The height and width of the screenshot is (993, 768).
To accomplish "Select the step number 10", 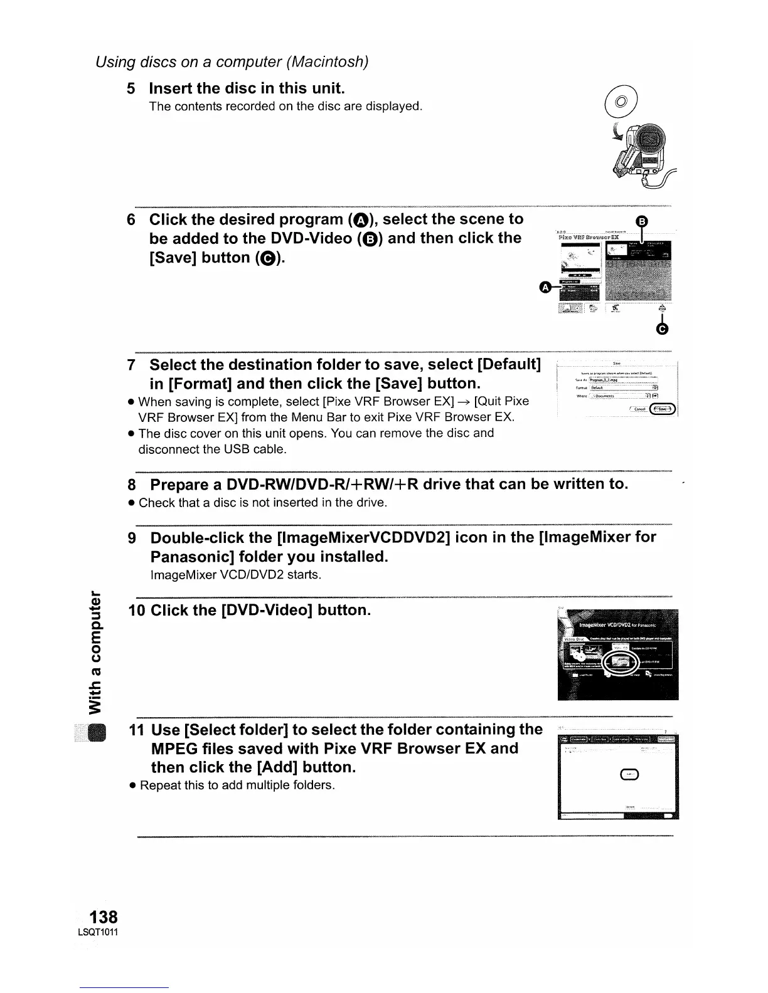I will click(136, 611).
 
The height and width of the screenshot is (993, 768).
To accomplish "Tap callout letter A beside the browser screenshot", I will click(545, 287).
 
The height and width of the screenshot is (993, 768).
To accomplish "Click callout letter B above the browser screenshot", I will click(641, 221).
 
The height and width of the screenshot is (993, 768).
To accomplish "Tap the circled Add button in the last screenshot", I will click(629, 775).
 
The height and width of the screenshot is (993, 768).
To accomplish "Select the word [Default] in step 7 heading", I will click(509, 364).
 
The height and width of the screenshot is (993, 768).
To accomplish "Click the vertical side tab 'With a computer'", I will click(95, 652).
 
